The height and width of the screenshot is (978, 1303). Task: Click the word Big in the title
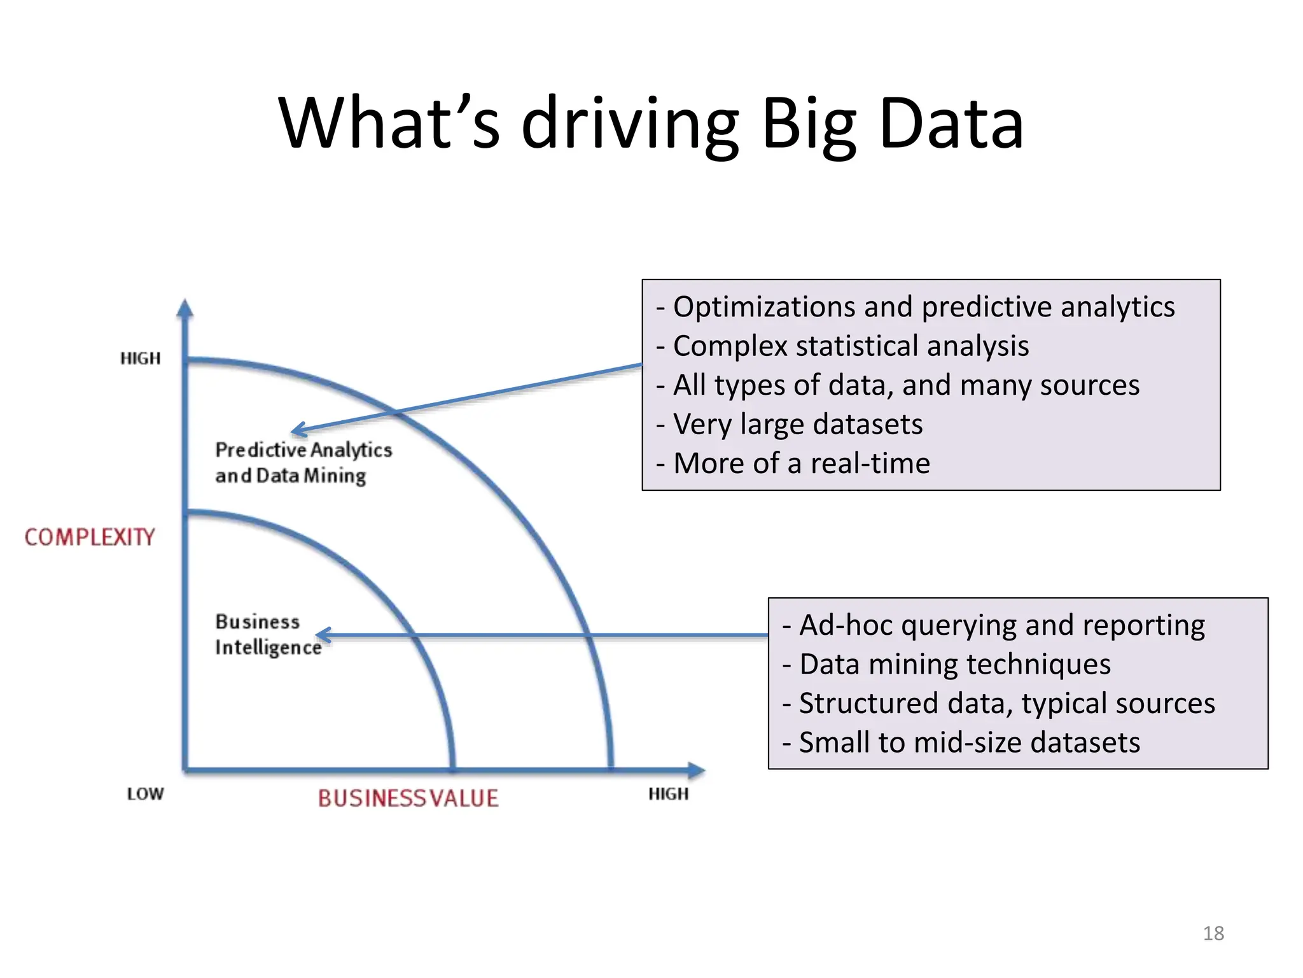pos(809,124)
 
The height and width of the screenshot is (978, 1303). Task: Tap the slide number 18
pos(1213,933)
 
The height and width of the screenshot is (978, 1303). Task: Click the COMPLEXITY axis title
pos(90,537)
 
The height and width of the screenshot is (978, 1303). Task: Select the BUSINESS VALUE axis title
pos(408,798)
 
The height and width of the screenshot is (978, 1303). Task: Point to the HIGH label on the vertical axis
pos(141,358)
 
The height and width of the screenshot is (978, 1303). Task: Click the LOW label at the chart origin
pos(146,794)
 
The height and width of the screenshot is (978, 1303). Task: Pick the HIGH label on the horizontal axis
pos(669,794)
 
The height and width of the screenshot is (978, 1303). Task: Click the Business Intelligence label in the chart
pos(268,634)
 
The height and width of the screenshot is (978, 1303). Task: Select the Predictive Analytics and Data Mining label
pos(303,462)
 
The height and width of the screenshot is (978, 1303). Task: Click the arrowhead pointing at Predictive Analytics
pos(295,431)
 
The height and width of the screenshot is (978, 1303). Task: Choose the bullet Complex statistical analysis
pos(850,346)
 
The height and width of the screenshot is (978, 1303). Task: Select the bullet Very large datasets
pos(797,424)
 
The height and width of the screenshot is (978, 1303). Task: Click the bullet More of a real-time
pos(801,464)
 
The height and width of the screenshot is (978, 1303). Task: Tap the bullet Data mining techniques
pos(954,664)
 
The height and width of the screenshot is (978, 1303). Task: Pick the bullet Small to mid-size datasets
pos(969,742)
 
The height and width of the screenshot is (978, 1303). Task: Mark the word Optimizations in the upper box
pos(764,307)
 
